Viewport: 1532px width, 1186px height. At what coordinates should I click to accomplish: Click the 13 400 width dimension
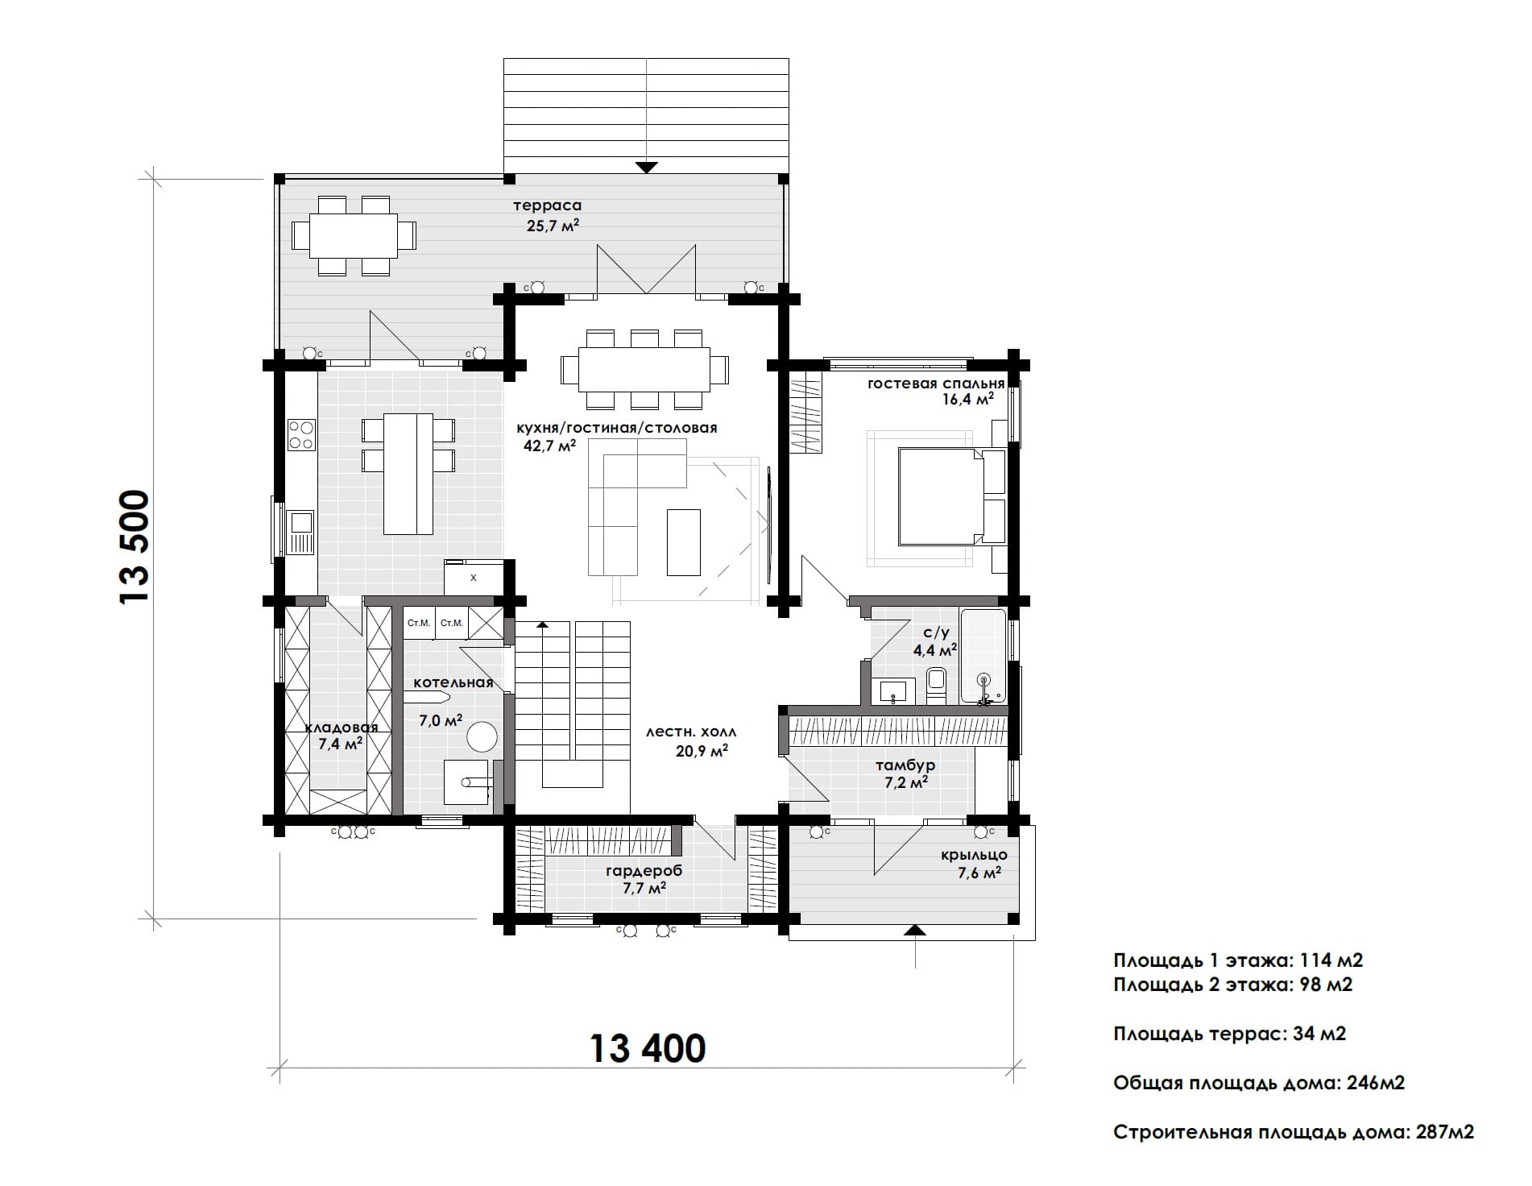tap(648, 1048)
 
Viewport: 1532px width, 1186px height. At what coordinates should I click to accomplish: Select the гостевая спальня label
tap(936, 384)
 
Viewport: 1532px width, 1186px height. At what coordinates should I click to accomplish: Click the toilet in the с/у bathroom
tap(936, 685)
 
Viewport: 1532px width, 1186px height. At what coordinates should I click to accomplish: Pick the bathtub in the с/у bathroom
tap(983, 657)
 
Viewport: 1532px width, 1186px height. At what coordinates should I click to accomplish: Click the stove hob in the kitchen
tap(301, 435)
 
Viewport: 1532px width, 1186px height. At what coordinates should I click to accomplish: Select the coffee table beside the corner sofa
tap(683, 541)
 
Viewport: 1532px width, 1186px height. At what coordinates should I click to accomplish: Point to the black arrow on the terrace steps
tap(646, 168)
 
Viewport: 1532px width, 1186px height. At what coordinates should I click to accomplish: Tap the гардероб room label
tap(644, 871)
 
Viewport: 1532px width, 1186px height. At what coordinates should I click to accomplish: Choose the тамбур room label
tap(905, 765)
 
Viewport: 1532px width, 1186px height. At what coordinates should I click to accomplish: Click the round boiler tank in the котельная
tap(482, 736)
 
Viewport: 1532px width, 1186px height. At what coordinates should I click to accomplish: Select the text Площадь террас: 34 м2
tap(1229, 1034)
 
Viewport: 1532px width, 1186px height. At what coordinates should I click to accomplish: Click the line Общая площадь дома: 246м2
tap(1259, 1083)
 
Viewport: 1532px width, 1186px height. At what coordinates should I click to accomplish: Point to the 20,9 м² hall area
tap(702, 751)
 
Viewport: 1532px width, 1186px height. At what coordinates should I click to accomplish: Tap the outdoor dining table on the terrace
tap(354, 234)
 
